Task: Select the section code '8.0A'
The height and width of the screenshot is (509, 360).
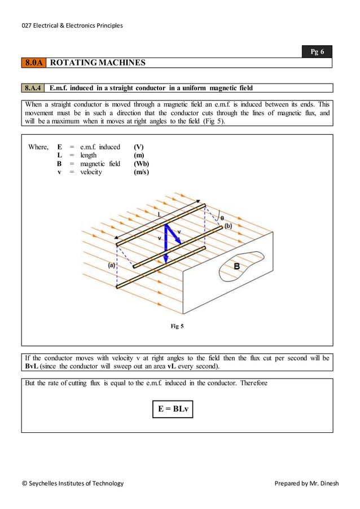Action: coord(34,63)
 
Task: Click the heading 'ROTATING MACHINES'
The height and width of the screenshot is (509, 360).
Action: coord(98,63)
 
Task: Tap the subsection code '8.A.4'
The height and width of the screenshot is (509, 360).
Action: coord(34,88)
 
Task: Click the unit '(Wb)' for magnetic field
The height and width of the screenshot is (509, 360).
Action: coord(141,164)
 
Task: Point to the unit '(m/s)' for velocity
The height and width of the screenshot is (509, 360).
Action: coord(141,172)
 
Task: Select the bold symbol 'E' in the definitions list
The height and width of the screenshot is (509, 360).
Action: coord(59,147)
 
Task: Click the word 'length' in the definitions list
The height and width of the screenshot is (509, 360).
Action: coord(89,155)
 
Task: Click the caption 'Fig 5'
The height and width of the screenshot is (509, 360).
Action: coord(177,326)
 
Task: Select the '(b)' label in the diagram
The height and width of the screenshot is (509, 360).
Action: coord(228,226)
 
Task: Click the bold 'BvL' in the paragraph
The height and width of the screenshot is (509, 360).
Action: coord(35,366)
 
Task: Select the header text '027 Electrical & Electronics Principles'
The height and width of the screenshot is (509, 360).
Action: coord(72,25)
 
